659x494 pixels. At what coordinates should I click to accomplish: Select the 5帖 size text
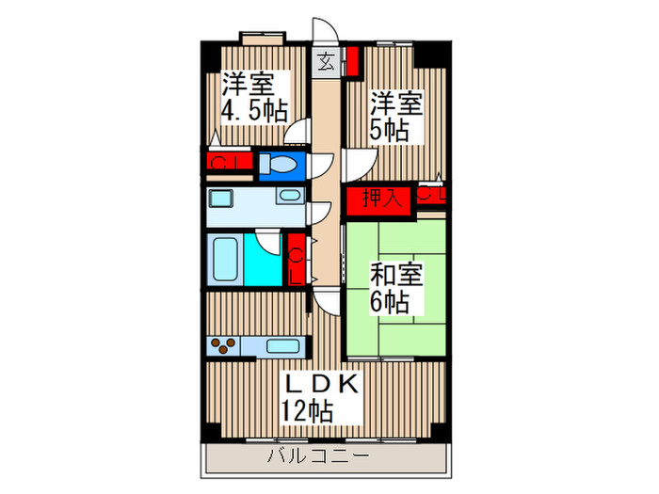388,130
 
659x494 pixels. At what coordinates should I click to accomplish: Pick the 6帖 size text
389,303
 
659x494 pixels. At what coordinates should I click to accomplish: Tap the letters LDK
321,385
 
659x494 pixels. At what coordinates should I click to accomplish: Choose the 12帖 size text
306,410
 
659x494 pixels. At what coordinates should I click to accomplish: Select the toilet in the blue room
280,166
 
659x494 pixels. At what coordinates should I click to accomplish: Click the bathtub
224,260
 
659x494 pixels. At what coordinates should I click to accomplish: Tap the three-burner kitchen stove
223,345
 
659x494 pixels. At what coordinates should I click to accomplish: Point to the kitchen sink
283,345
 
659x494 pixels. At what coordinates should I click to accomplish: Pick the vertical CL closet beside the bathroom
297,259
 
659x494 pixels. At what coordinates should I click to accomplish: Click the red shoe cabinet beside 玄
351,61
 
